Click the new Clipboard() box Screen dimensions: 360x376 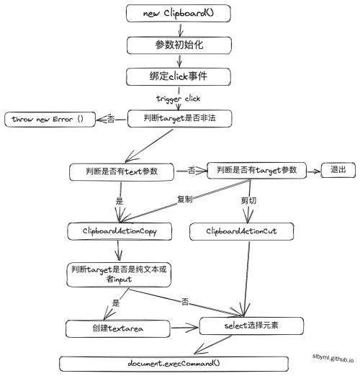coord(179,13)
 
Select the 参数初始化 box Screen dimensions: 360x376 coord(179,45)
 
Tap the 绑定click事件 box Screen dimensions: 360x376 coord(179,76)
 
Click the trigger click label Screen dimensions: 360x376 coord(178,99)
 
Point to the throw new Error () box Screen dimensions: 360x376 coord(50,120)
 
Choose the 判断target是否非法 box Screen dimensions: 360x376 coord(179,118)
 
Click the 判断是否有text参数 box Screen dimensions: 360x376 coord(122,171)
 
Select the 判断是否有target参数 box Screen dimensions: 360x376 coord(256,171)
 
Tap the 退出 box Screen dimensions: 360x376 coord(338,170)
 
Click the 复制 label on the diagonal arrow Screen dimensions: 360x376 coord(185,199)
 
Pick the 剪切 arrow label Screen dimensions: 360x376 coord(248,200)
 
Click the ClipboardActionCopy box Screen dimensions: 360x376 coord(120,231)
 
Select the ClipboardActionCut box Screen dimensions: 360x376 coord(241,231)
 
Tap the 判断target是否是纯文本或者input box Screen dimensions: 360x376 coord(119,274)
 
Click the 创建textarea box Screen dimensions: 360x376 coord(118,328)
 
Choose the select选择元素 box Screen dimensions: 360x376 coord(251,326)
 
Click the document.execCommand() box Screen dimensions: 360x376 coord(174,364)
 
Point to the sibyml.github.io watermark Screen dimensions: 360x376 coord(333,358)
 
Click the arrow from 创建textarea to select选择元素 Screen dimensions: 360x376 coord(184,328)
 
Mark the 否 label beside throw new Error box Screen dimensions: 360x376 coord(111,119)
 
